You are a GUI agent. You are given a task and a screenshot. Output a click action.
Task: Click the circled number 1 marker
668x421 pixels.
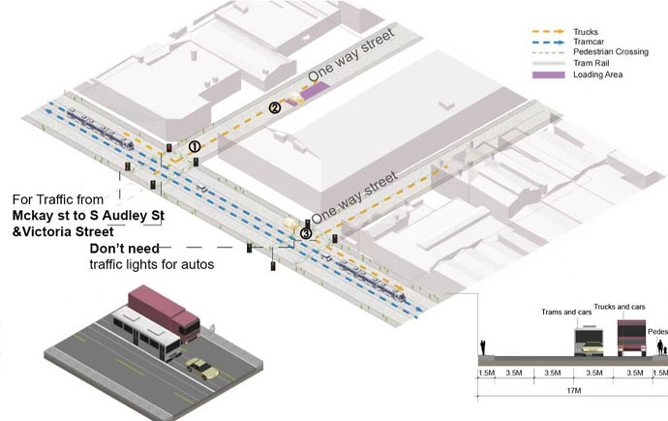pyautogui.click(x=195, y=147)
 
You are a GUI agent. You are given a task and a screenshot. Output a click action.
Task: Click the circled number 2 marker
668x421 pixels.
pyautogui.click(x=275, y=108)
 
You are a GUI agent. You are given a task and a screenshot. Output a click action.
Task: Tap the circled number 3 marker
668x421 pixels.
pyautogui.click(x=306, y=233)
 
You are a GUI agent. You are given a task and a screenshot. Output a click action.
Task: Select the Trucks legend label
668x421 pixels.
pyautogui.click(x=586, y=32)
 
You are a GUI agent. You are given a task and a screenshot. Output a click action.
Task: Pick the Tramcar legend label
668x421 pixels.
pyautogui.click(x=589, y=42)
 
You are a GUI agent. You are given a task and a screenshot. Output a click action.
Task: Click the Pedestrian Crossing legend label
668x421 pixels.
pyautogui.click(x=611, y=52)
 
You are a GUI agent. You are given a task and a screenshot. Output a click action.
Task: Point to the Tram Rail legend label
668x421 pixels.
pyautogui.click(x=591, y=63)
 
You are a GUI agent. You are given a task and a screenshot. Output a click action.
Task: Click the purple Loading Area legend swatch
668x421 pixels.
pyautogui.click(x=549, y=75)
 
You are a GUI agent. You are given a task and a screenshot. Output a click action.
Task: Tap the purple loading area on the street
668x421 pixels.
pyautogui.click(x=315, y=90)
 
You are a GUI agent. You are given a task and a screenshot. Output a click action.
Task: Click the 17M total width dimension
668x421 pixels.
pyautogui.click(x=574, y=390)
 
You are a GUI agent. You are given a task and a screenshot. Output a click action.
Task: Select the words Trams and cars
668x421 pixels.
pyautogui.click(x=566, y=312)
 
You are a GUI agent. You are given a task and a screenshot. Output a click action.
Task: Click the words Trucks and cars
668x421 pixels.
pyautogui.click(x=620, y=307)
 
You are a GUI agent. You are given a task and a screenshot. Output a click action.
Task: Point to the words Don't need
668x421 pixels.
pyautogui.click(x=124, y=248)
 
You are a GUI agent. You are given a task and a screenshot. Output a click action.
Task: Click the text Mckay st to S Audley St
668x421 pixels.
pyautogui.click(x=88, y=216)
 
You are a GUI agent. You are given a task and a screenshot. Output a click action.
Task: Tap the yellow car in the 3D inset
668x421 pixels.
pyautogui.click(x=202, y=368)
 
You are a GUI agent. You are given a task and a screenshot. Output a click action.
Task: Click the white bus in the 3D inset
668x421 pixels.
pyautogui.click(x=146, y=333)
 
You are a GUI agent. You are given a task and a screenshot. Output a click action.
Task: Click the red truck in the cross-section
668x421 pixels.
pyautogui.click(x=631, y=338)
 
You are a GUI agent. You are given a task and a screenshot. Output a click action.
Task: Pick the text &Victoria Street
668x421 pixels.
pyautogui.click(x=63, y=232)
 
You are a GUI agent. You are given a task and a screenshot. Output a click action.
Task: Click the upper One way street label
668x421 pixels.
pyautogui.click(x=351, y=54)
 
